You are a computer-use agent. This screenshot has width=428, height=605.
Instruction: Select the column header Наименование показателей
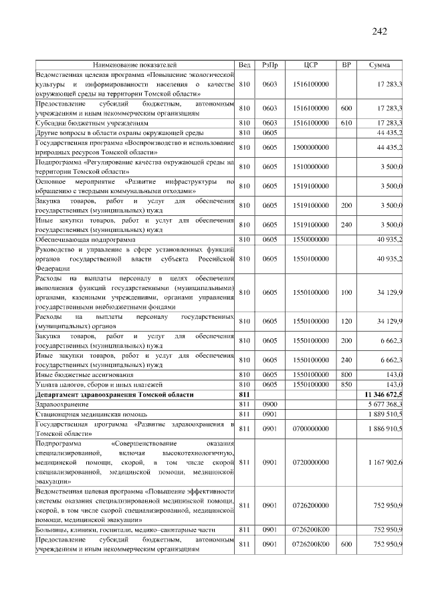134,66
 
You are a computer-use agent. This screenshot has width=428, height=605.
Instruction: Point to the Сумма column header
379,66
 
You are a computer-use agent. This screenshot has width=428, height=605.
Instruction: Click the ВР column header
346,66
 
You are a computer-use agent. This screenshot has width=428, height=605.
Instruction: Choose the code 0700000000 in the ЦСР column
310,428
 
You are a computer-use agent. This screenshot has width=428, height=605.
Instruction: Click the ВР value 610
346,123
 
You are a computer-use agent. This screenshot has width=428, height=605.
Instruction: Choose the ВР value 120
346,321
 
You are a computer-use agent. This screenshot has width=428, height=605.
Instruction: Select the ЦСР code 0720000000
310,461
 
